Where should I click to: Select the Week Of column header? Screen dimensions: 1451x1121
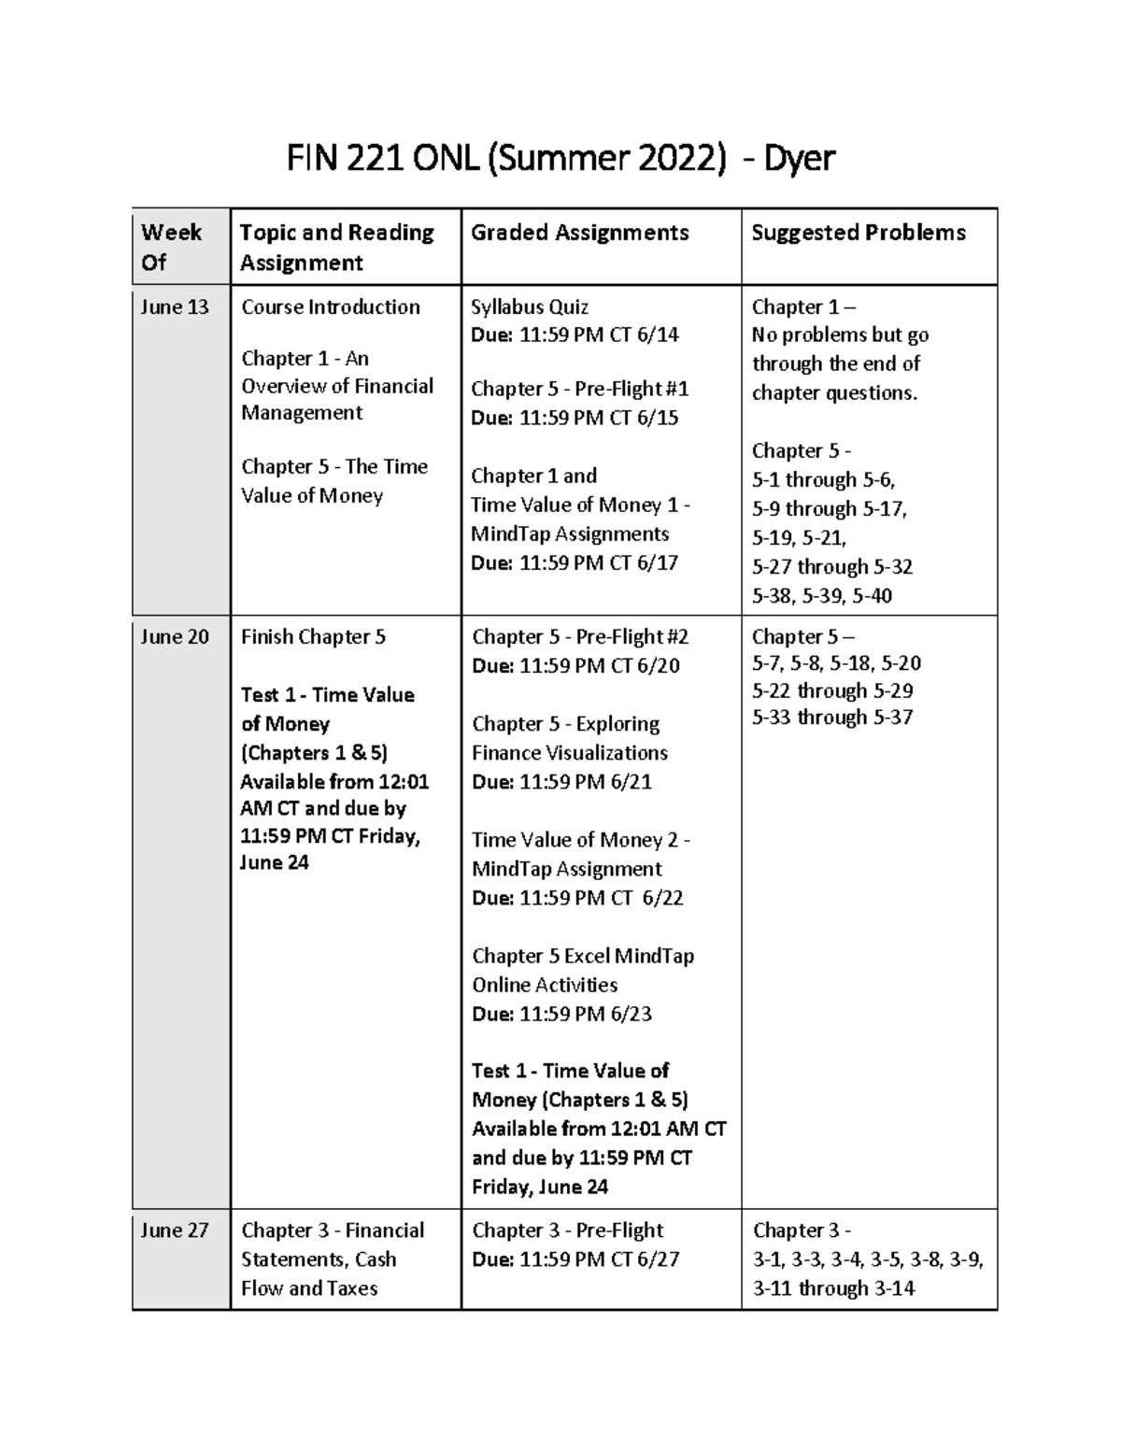pos(170,247)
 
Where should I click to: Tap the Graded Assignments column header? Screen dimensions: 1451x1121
pos(579,233)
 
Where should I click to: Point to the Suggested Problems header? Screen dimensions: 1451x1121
pos(858,233)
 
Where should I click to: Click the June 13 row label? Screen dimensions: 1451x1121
pos(174,307)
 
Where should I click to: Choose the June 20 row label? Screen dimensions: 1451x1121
pos(174,637)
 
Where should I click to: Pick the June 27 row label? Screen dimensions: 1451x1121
pos(174,1231)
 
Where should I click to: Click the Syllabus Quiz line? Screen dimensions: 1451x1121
pos(529,307)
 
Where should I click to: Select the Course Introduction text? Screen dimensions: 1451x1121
pos(330,307)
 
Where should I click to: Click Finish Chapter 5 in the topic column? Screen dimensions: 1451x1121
pos(313,637)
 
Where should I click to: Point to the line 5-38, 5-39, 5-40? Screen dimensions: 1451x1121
pos(821,596)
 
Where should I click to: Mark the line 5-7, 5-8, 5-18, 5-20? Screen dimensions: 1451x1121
pos(836,663)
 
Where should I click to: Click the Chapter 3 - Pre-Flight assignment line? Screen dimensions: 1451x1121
pos(567,1231)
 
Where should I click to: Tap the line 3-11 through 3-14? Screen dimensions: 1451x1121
pos(833,1288)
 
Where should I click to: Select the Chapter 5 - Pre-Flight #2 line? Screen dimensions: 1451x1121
pos(580,637)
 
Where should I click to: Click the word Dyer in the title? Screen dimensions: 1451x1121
pos(799,160)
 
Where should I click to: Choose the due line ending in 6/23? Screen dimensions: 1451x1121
pos(561,1014)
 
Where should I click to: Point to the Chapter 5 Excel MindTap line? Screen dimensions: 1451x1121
pos(583,956)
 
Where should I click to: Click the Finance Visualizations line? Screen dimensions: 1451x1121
pos(569,753)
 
